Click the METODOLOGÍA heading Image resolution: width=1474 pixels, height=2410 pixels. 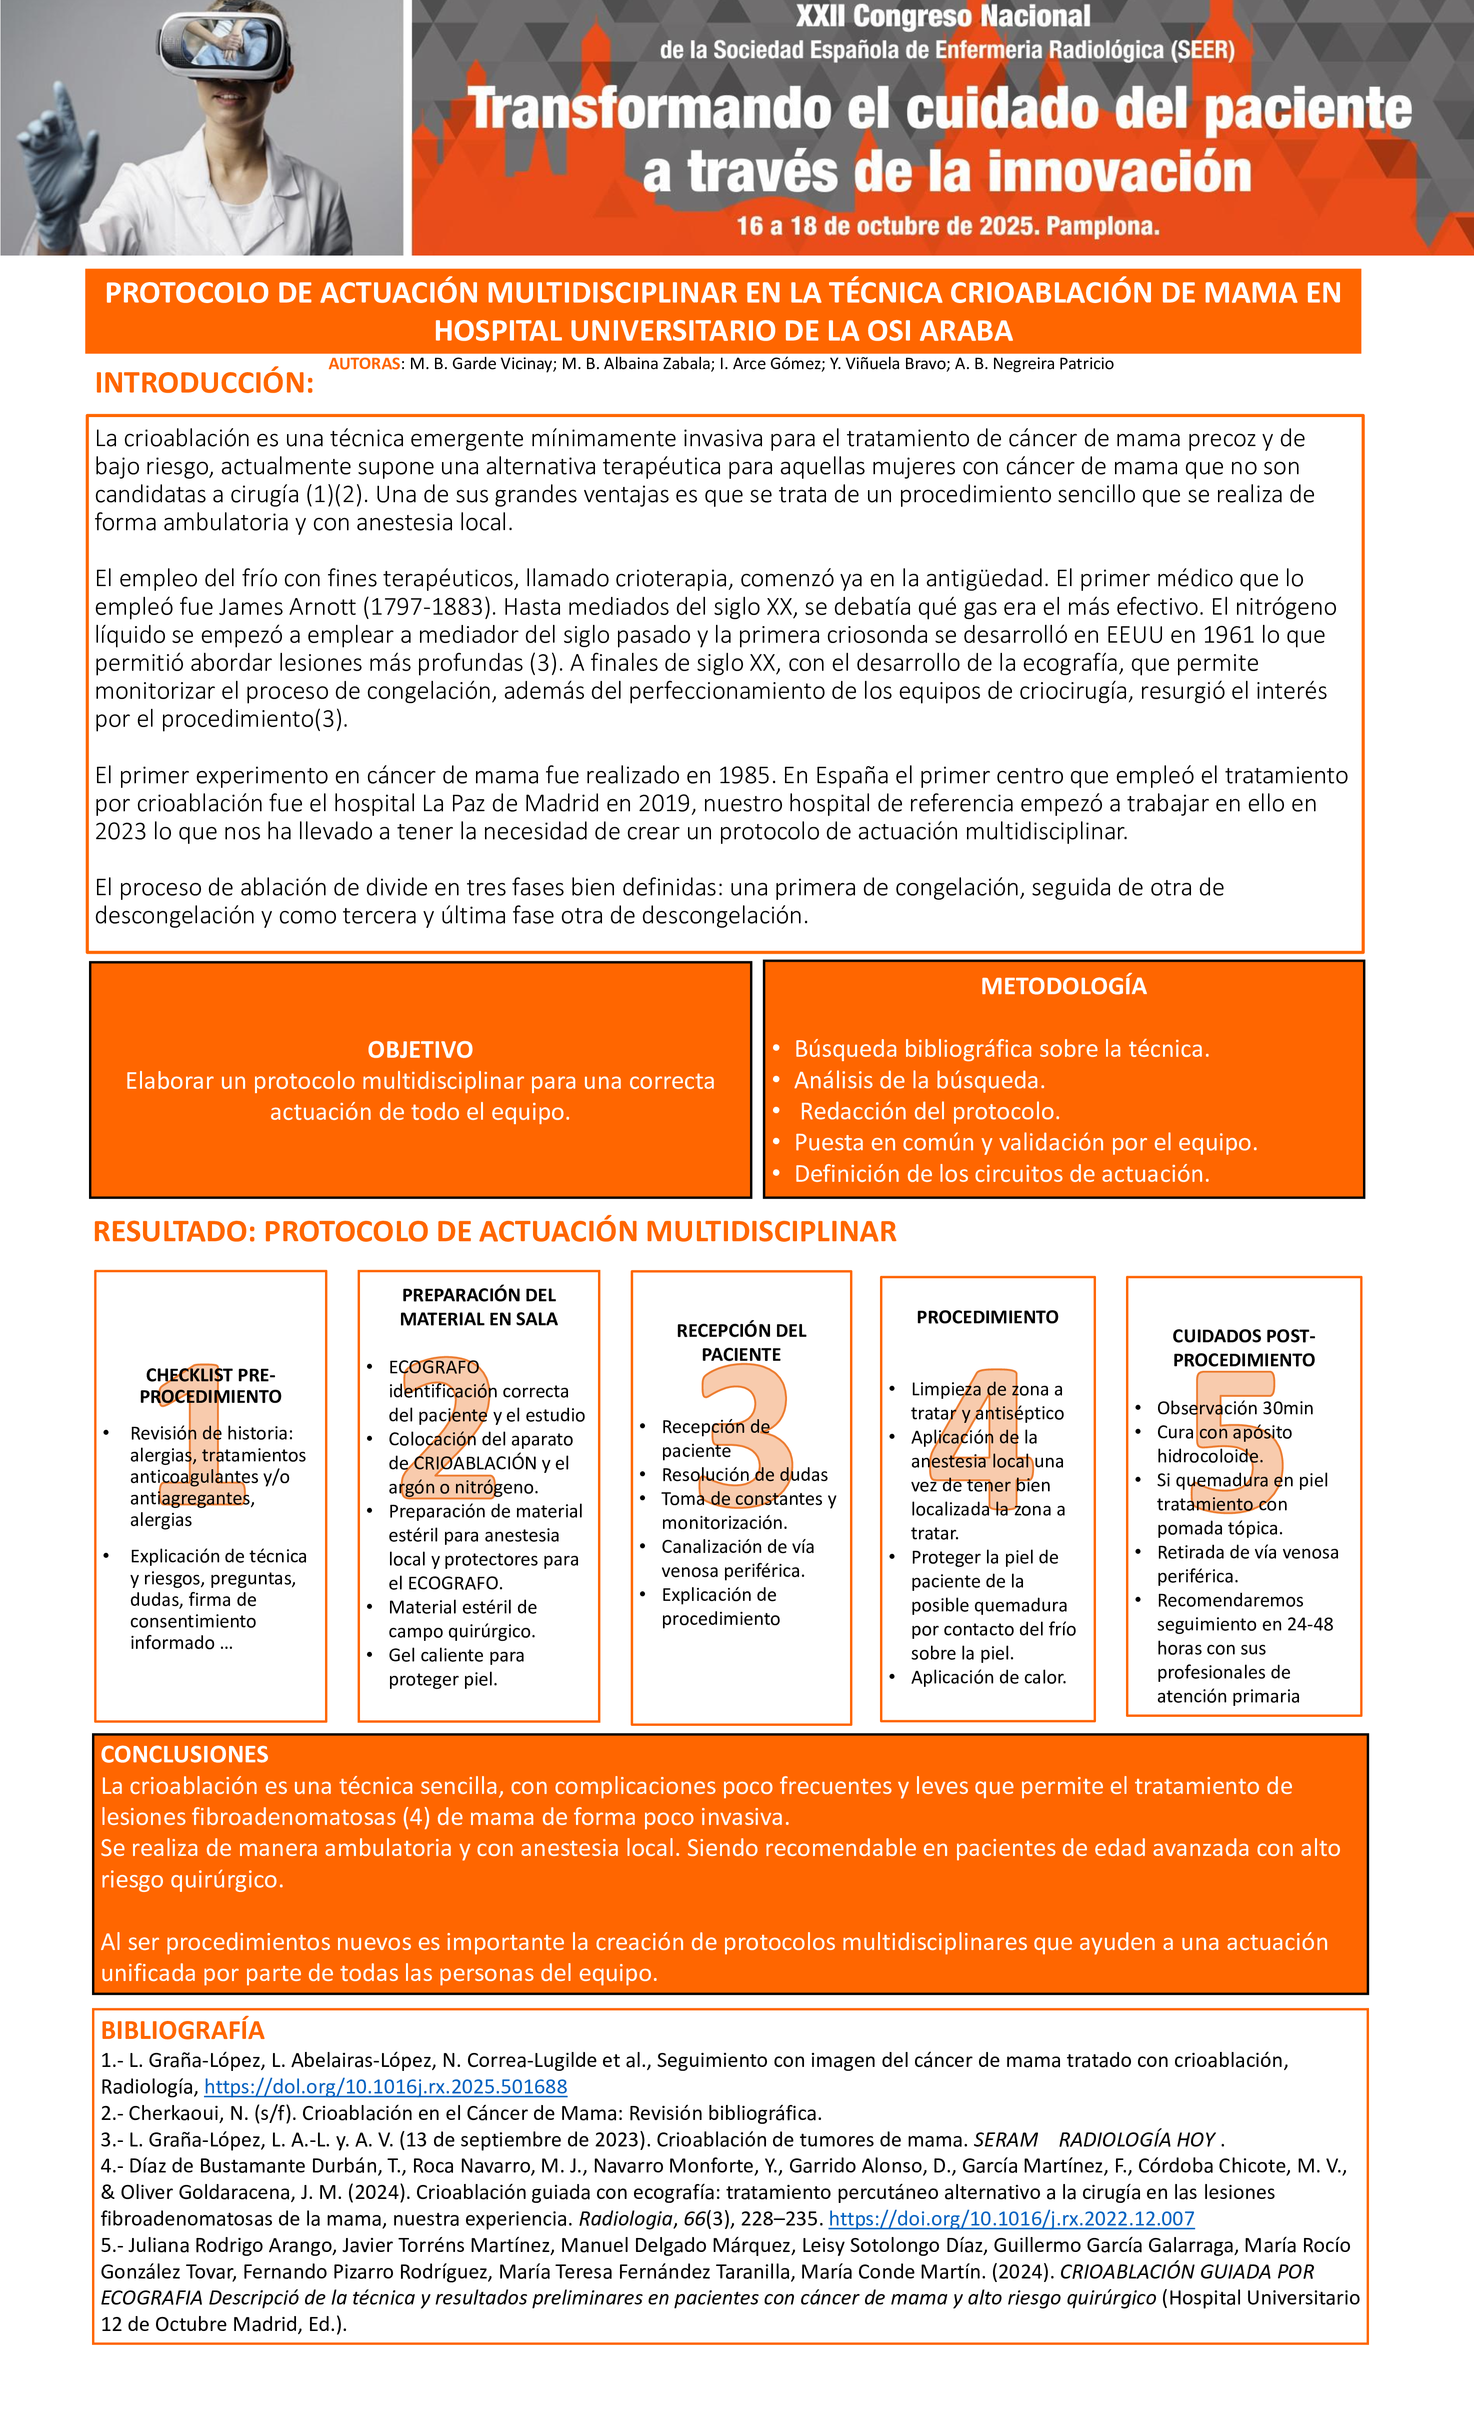coord(1063,986)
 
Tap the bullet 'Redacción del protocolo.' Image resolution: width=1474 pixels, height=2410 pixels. coord(929,1111)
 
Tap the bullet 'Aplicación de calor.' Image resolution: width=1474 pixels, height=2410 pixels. coord(988,1677)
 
